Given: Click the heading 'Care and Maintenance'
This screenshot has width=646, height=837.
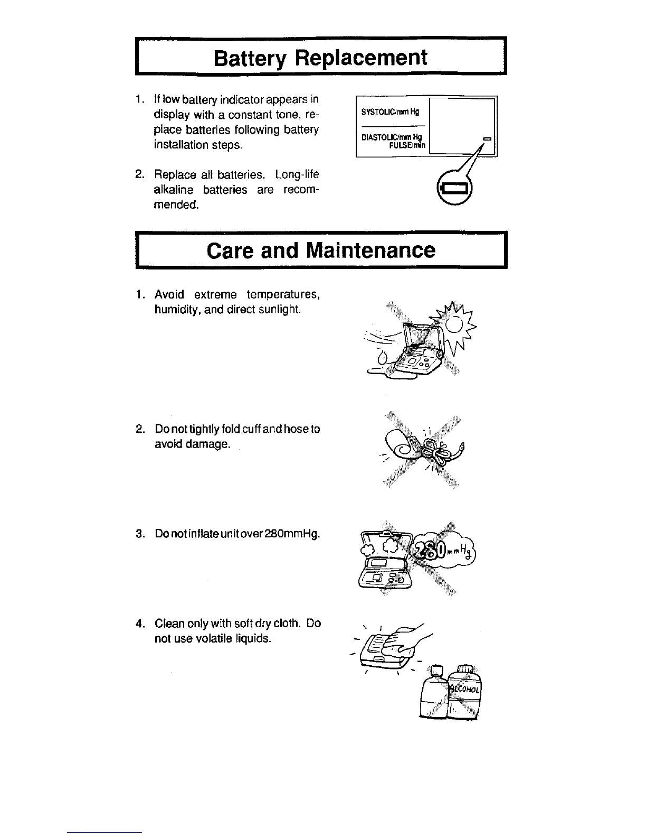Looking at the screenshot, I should tap(321, 250).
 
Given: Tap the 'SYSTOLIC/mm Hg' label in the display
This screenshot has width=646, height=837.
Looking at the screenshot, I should tap(389, 112).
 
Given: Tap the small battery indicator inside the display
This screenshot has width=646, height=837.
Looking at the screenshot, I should tap(487, 138).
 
